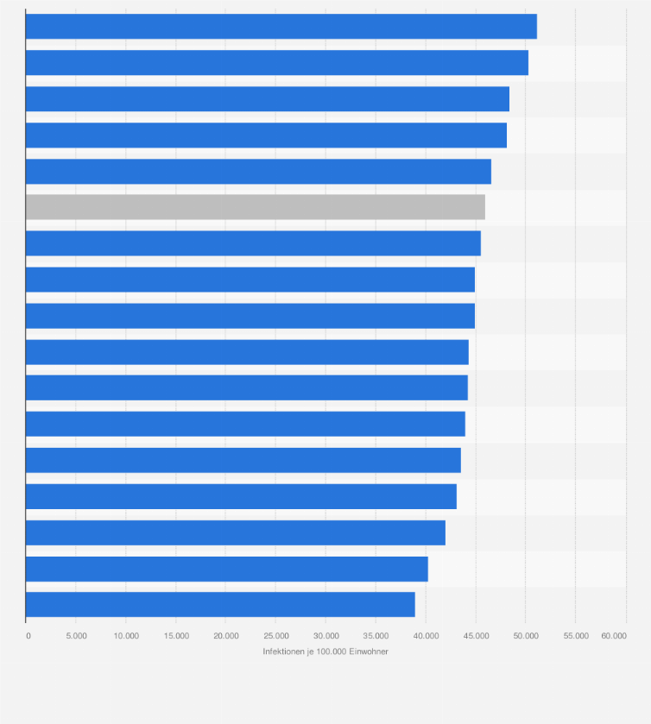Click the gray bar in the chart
pos(255,207)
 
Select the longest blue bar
pos(281,27)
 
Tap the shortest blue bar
pos(220,604)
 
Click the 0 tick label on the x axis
pos(28,636)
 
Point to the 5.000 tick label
pos(75,636)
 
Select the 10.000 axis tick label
pos(125,636)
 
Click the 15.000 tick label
pos(175,636)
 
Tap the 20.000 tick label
pos(225,636)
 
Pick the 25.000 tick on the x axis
pos(275,636)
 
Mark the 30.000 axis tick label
pos(325,636)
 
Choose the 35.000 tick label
pos(376,636)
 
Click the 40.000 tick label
pos(426,636)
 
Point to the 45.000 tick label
pos(476,636)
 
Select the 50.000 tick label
pos(526,636)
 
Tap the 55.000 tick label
pos(576,636)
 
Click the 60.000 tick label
pos(614,636)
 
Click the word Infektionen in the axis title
pos(284,652)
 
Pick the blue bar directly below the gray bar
pos(253,243)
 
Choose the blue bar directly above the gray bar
pos(258,171)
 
